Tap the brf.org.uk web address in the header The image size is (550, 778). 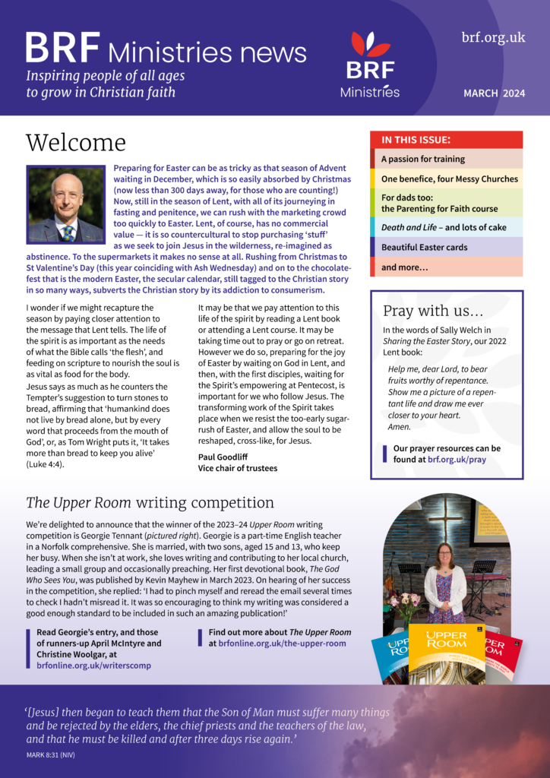coord(493,37)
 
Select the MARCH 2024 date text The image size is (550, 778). coord(494,93)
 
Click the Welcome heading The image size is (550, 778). coord(75,143)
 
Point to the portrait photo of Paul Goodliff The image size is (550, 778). coord(65,204)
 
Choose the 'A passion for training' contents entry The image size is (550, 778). coord(423,160)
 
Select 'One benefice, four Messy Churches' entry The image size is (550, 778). coord(449,179)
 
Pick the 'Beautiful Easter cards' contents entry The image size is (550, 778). coord(424,248)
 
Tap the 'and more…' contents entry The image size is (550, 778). coord(405,267)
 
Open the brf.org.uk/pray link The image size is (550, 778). coord(456,460)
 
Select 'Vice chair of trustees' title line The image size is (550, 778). coord(238,468)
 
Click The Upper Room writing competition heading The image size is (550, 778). coord(150,502)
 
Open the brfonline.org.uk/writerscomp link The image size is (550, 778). coord(93,666)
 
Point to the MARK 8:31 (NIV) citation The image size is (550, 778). coord(50,754)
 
